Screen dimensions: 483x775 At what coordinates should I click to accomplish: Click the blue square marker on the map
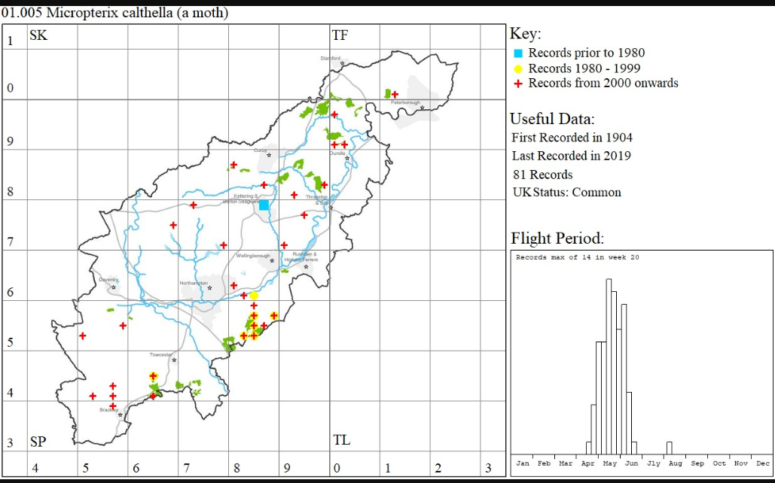(264, 205)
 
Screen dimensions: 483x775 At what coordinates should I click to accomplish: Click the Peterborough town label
(404, 102)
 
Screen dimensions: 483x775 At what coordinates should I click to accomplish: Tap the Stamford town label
(331, 58)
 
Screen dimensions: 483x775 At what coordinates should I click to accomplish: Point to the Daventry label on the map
(109, 280)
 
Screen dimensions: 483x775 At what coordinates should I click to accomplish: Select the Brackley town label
(109, 409)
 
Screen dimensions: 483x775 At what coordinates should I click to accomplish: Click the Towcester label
(161, 354)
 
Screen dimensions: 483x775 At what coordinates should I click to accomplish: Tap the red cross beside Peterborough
(395, 94)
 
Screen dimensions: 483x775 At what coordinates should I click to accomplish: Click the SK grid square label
(38, 35)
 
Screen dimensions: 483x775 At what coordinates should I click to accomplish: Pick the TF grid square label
(340, 35)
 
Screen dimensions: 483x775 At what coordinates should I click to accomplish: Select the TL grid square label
(341, 440)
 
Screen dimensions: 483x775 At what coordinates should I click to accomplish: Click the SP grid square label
(38, 441)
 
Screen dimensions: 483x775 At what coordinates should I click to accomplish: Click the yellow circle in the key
(518, 68)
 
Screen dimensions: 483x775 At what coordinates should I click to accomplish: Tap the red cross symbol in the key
(518, 84)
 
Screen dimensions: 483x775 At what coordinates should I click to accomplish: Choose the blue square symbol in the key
(518, 53)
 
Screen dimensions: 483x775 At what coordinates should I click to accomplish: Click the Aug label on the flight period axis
(676, 463)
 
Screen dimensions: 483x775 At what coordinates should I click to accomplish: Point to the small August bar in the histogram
(669, 448)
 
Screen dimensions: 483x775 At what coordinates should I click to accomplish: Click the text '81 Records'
(542, 175)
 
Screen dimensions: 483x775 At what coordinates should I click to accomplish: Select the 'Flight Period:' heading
(557, 239)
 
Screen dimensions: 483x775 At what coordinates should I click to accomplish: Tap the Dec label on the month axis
(763, 463)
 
